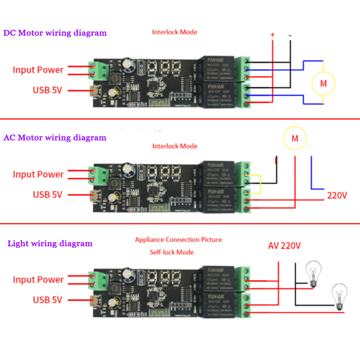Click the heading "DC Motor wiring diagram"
(x=55, y=33)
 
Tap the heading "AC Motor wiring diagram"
(x=55, y=138)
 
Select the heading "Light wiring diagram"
(x=50, y=244)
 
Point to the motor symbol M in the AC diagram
(x=294, y=139)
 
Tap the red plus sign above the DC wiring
(x=273, y=35)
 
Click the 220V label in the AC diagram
(x=337, y=196)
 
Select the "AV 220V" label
(x=284, y=246)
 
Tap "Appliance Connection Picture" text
(x=179, y=239)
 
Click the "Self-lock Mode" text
(x=172, y=252)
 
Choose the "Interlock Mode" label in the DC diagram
(x=175, y=32)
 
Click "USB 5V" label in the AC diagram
(x=48, y=195)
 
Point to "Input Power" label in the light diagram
(x=38, y=280)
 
